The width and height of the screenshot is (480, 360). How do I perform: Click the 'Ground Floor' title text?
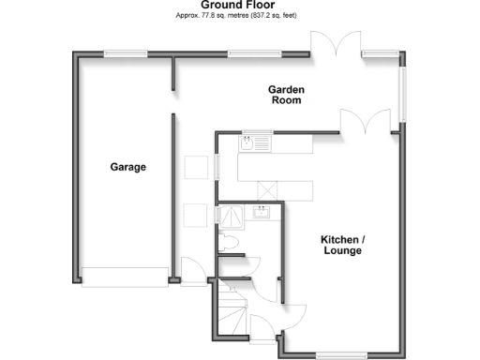tap(240, 6)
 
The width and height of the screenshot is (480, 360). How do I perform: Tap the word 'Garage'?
tap(128, 168)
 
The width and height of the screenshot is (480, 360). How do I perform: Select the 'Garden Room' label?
tap(287, 95)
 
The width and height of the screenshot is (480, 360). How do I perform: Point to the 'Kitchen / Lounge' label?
tap(343, 245)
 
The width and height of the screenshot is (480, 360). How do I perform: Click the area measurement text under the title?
tap(240, 16)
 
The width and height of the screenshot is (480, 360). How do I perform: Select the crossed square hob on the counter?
tap(266, 188)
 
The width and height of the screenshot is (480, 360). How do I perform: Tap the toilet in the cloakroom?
tap(233, 243)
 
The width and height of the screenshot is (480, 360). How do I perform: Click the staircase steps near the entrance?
tap(231, 309)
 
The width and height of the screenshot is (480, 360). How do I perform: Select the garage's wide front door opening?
tap(124, 277)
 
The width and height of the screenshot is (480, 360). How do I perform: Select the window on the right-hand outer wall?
tap(405, 94)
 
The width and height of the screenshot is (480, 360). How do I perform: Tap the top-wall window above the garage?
tap(125, 54)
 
